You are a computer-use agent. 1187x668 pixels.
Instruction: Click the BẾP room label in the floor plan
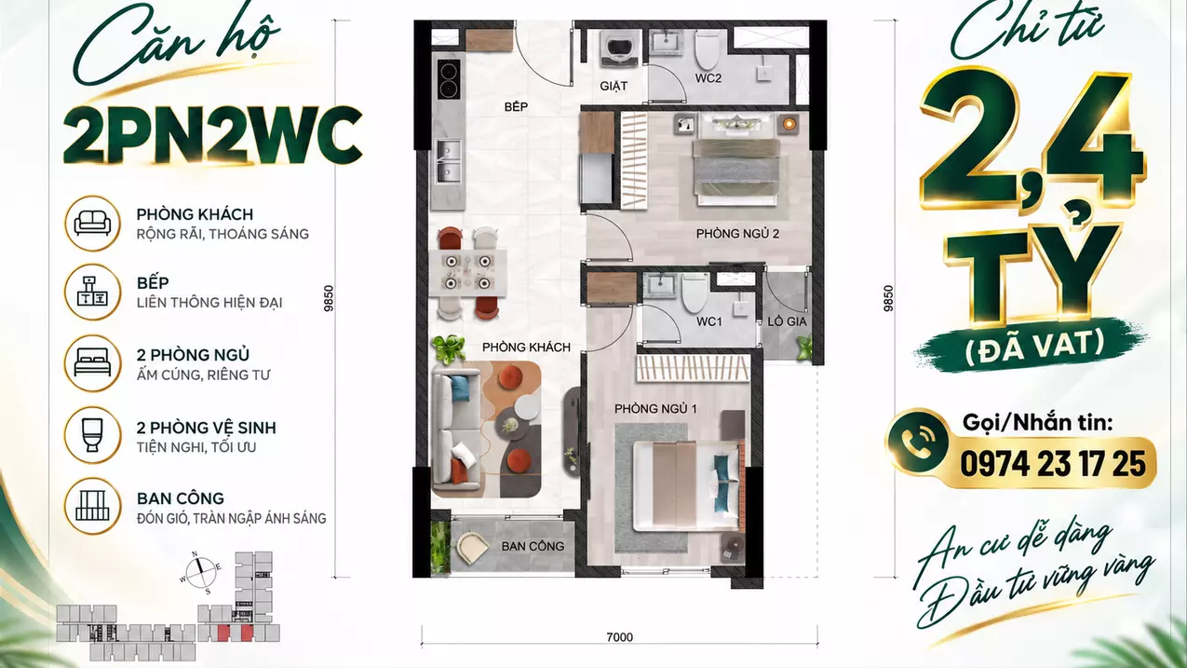[x=516, y=106]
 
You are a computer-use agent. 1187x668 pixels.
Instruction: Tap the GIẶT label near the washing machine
[x=614, y=86]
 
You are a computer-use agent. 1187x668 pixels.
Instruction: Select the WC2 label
[x=708, y=78]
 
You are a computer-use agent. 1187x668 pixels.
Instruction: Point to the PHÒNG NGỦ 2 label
[x=737, y=234]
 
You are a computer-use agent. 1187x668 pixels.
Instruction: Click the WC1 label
[x=709, y=321]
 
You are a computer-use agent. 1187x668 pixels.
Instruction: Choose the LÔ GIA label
[x=787, y=321]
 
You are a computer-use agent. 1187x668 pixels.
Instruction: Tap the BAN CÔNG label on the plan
[x=533, y=546]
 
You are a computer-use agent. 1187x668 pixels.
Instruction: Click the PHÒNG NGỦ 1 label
[x=655, y=409]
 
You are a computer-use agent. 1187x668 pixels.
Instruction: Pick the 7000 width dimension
[x=619, y=637]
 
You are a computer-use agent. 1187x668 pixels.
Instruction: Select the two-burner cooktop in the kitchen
[x=449, y=79]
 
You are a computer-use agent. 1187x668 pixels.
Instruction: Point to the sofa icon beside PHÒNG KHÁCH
[x=93, y=224]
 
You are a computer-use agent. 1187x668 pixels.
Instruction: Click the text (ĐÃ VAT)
[x=1035, y=345]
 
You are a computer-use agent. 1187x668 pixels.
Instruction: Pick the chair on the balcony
[x=473, y=547]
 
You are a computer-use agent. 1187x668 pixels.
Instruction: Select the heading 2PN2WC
[x=212, y=136]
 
